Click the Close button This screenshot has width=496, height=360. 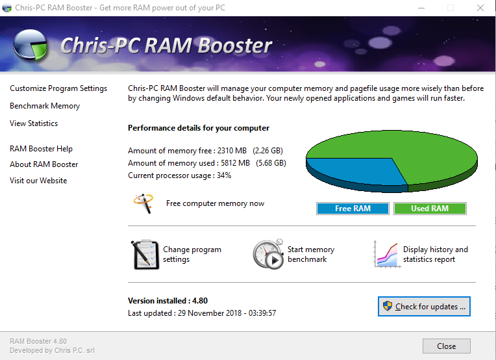pyautogui.click(x=446, y=346)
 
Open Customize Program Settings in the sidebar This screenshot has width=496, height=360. pyautogui.click(x=58, y=88)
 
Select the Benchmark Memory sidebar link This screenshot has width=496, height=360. pyautogui.click(x=45, y=106)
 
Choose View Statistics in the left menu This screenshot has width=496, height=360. pyautogui.click(x=34, y=123)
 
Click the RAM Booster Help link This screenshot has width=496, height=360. pyautogui.click(x=41, y=149)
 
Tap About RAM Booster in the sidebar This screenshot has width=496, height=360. pyautogui.click(x=43, y=164)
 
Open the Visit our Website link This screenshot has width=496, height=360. pyautogui.click(x=38, y=181)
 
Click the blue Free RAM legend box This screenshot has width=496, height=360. pyautogui.click(x=353, y=209)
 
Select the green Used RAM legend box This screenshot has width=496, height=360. pyautogui.click(x=430, y=209)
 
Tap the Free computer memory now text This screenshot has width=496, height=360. pyautogui.click(x=215, y=203)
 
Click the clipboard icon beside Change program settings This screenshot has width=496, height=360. pyautogui.click(x=145, y=254)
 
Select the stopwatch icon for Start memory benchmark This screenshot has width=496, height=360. pyautogui.click(x=267, y=254)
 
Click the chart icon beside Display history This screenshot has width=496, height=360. pyautogui.click(x=386, y=254)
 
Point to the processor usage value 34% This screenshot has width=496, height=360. pyautogui.click(x=224, y=175)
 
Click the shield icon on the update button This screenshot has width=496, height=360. pyautogui.click(x=388, y=307)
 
